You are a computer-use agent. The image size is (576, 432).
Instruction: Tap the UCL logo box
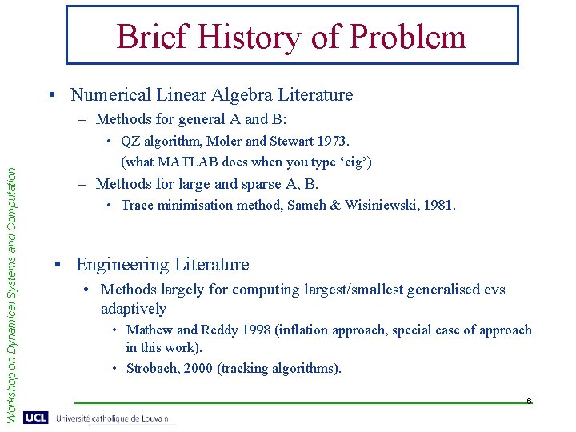[35, 418]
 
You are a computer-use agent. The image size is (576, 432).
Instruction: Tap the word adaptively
[134, 309]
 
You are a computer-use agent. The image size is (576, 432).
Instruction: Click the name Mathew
[149, 330]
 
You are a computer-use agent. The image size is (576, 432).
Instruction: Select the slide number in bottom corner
[529, 401]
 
